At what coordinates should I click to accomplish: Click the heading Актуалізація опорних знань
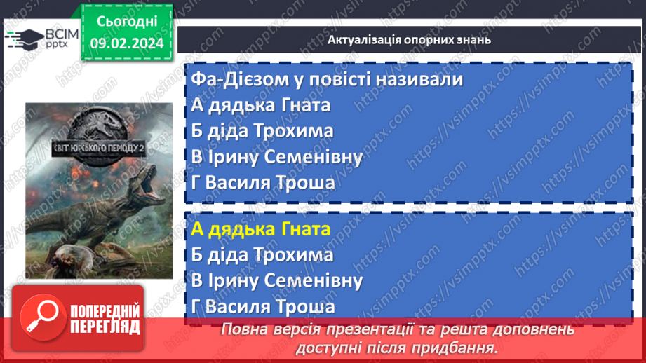tap(409, 39)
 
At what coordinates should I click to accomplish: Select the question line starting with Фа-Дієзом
tap(326, 79)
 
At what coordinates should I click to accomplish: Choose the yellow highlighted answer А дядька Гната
tap(260, 229)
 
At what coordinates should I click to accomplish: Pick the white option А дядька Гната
tap(260, 105)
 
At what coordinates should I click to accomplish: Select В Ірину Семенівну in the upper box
tap(276, 157)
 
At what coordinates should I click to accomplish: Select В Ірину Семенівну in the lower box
tap(276, 281)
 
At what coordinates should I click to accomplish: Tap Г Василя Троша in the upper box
tap(262, 183)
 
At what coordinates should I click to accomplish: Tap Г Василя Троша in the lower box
tap(262, 307)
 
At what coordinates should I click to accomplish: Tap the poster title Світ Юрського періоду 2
tap(98, 149)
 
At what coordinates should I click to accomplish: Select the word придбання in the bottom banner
tap(462, 347)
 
